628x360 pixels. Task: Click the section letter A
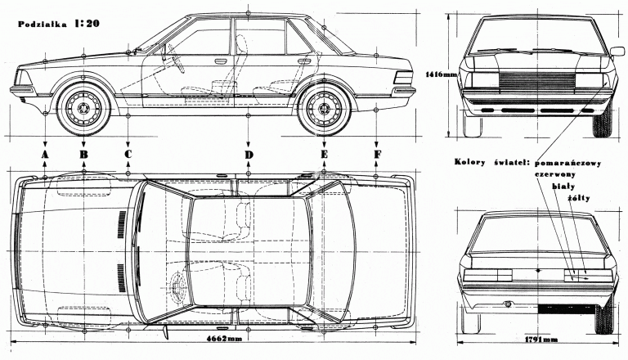(x=45, y=154)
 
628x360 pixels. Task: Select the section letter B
(x=83, y=154)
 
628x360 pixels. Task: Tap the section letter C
(x=128, y=154)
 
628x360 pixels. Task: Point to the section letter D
(x=247, y=154)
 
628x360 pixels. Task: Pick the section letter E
(x=324, y=154)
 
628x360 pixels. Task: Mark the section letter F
(x=376, y=154)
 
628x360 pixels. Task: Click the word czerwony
(x=555, y=174)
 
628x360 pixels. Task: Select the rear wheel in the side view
(x=324, y=108)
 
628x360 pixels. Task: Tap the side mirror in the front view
(x=617, y=52)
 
